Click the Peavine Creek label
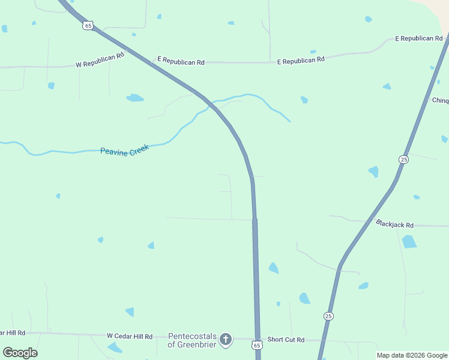(124, 150)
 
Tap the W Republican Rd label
(100, 59)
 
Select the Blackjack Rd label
(394, 224)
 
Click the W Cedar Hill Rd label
(130, 337)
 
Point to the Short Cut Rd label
(286, 340)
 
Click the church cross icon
(225, 340)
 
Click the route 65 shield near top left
(88, 26)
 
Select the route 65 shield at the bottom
(257, 345)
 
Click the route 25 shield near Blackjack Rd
(403, 159)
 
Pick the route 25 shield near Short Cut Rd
(328, 316)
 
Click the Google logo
(20, 352)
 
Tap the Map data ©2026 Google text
(412, 355)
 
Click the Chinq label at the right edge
(440, 100)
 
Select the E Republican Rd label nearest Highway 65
(181, 61)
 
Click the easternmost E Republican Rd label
(418, 38)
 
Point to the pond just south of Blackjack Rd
(409, 241)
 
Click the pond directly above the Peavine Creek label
(135, 97)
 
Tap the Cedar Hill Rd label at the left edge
(13, 332)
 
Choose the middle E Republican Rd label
(300, 60)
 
